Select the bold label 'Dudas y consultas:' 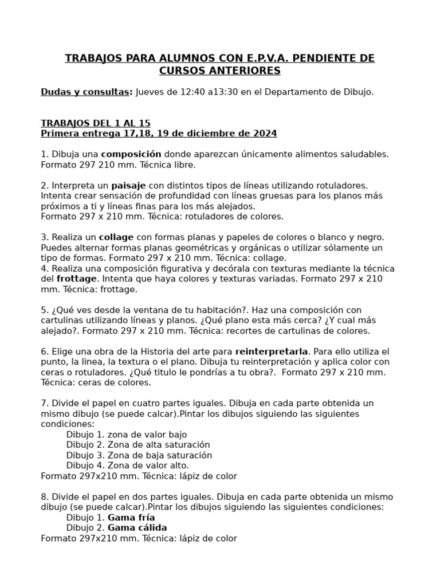point(87,92)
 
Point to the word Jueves point(151,92)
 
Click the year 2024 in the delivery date point(265,134)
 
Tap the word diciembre point(210,134)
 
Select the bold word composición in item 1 point(131,154)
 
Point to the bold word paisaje point(128,185)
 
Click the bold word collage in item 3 point(116,237)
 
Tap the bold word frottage point(77,279)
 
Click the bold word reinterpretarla point(272,351)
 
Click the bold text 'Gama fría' point(135,518)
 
